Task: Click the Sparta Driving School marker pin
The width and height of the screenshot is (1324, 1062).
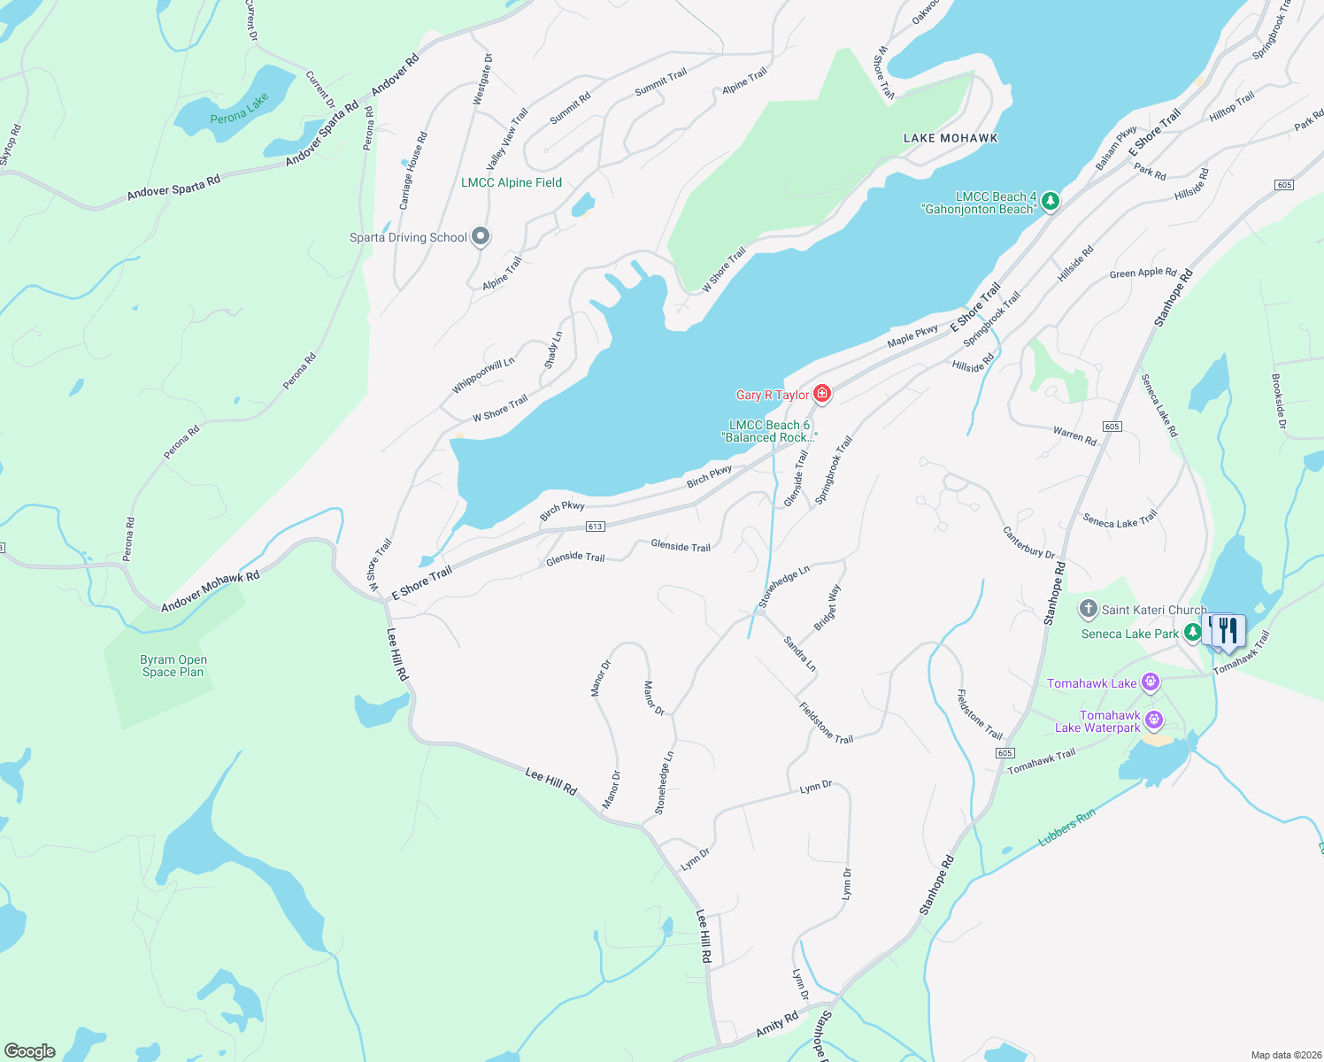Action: click(x=481, y=236)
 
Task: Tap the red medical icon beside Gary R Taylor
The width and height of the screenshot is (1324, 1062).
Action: click(x=821, y=394)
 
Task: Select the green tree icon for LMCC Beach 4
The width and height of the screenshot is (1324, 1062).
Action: click(x=1050, y=202)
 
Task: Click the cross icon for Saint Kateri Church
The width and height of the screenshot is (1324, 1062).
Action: click(x=1089, y=609)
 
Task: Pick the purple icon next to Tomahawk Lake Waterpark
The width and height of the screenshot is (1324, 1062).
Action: click(x=1153, y=720)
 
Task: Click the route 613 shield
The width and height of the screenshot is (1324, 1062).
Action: click(x=595, y=527)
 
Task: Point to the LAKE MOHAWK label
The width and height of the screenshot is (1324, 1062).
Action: click(x=951, y=138)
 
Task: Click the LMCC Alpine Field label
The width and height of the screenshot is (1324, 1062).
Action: click(x=512, y=182)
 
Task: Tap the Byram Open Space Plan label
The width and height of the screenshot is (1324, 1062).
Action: click(x=173, y=666)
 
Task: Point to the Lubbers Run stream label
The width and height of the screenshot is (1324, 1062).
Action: click(x=1066, y=827)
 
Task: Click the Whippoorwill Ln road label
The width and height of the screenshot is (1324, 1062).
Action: click(x=483, y=375)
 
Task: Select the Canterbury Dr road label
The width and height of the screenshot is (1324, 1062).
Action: click(x=1028, y=543)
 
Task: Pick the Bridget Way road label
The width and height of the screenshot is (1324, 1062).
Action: click(x=827, y=607)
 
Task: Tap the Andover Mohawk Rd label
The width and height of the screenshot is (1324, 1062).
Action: click(x=211, y=591)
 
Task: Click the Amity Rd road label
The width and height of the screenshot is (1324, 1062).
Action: click(x=777, y=1025)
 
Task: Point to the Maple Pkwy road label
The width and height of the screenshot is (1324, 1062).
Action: click(x=912, y=335)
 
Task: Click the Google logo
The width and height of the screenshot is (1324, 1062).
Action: click(x=29, y=1050)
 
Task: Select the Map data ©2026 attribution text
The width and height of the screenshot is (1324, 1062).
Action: click(x=1285, y=1055)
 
